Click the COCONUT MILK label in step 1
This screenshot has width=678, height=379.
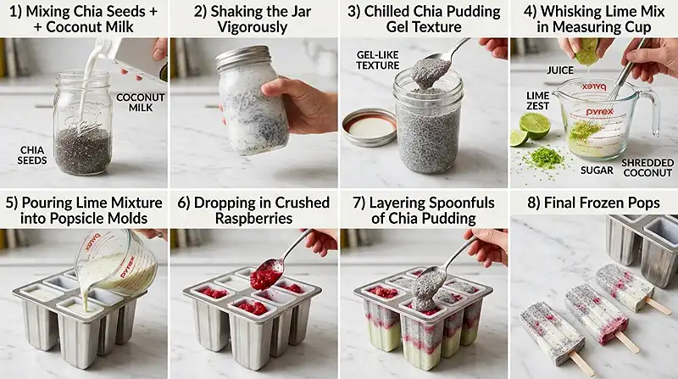[x=140, y=103]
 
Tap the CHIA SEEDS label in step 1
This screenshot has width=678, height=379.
[x=32, y=155]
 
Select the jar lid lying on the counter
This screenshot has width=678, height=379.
[x=369, y=126]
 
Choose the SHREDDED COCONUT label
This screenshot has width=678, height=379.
[x=647, y=167]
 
